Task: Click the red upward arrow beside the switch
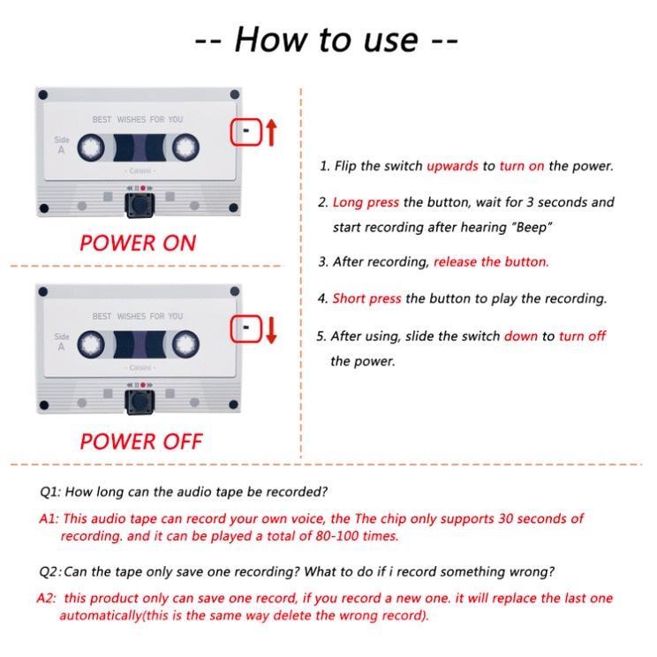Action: click(271, 132)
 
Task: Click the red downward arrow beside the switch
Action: click(271, 329)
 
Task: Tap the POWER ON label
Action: click(138, 243)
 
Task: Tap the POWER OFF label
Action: click(141, 442)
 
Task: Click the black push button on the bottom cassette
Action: click(140, 403)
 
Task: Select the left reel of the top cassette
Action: click(91, 147)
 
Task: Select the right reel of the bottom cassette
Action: click(185, 344)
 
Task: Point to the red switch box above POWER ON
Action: click(246, 132)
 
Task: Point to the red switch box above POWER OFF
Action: click(246, 328)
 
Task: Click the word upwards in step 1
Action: click(452, 166)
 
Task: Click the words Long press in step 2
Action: click(366, 203)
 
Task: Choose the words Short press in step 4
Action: click(366, 298)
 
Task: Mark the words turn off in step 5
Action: click(583, 336)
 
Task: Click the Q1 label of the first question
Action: click(50, 492)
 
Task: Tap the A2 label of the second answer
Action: click(47, 598)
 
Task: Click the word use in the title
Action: click(391, 41)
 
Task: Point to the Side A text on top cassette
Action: click(62, 145)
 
